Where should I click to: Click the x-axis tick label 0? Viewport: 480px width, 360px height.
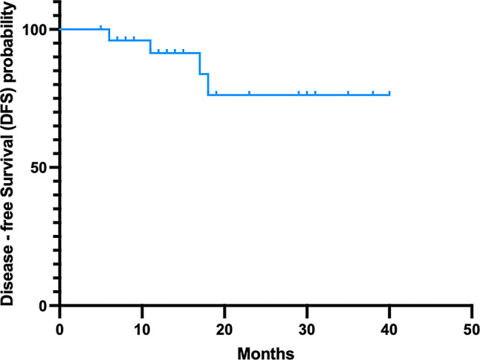pyautogui.click(x=59, y=330)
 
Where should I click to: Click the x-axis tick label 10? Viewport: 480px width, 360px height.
pyautogui.click(x=142, y=330)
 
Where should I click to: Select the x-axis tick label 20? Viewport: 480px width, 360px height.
pyautogui.click(x=224, y=330)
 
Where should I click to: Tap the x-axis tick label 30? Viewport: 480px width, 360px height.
pyautogui.click(x=307, y=330)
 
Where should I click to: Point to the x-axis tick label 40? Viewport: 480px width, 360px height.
pyautogui.click(x=389, y=330)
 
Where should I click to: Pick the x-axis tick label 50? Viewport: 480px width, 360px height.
pyautogui.click(x=471, y=330)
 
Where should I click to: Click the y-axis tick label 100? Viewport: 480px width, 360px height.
pyautogui.click(x=36, y=30)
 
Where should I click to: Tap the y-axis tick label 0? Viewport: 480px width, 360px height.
pyautogui.click(x=44, y=306)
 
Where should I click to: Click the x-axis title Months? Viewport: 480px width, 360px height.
pyautogui.click(x=266, y=353)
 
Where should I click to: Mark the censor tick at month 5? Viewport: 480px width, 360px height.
pyautogui.click(x=101, y=28)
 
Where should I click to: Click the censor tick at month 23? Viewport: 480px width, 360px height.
pyautogui.click(x=249, y=93)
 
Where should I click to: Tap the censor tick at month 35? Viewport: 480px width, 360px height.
pyautogui.click(x=348, y=93)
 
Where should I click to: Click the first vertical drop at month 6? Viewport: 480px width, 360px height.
pyautogui.click(x=109, y=35)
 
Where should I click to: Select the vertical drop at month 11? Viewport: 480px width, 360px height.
pyautogui.click(x=150, y=47)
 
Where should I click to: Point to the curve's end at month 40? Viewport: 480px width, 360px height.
pyautogui.click(x=389, y=94)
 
